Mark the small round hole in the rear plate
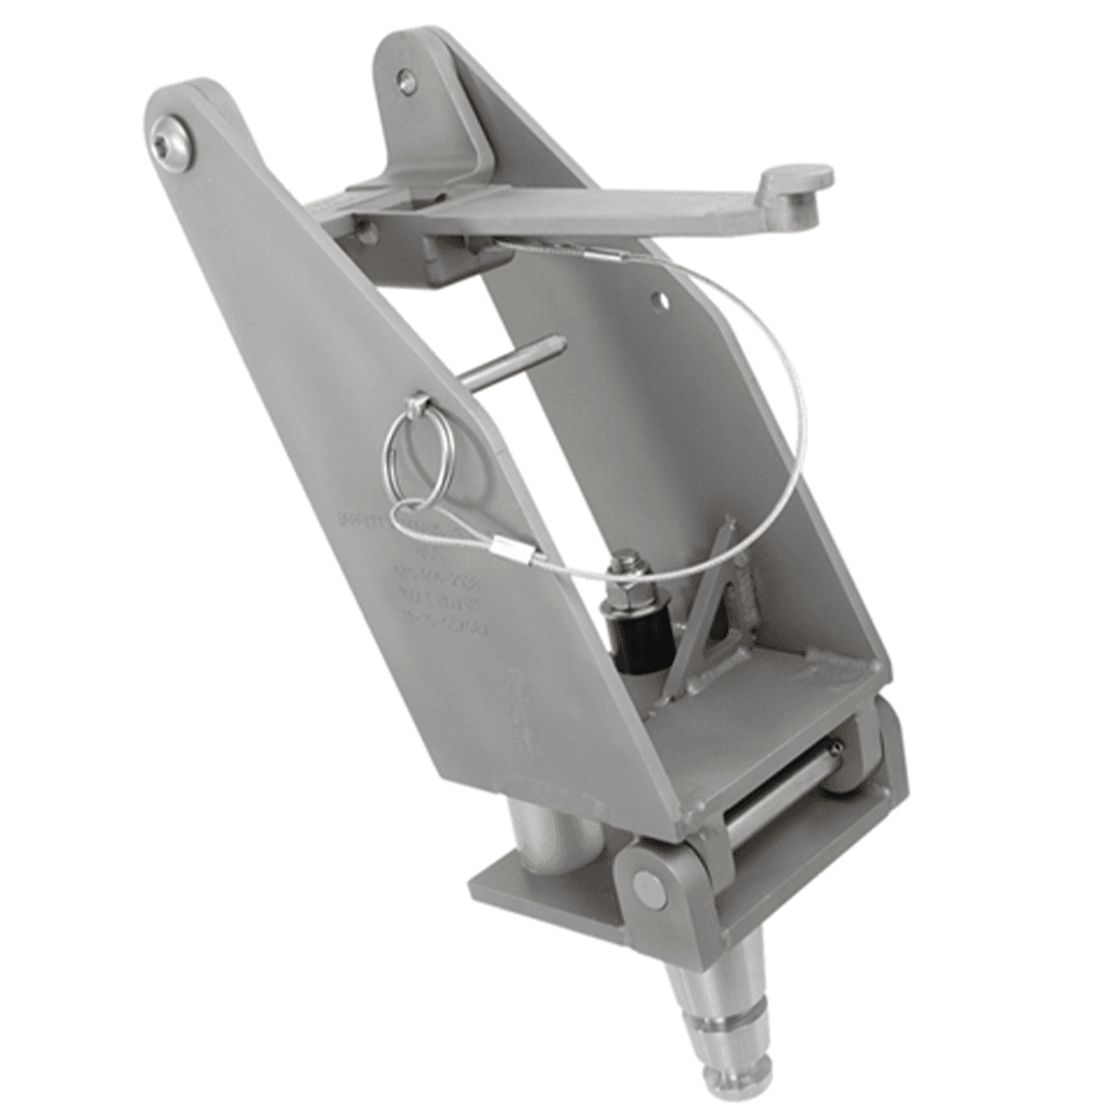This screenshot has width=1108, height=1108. point(659,298)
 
